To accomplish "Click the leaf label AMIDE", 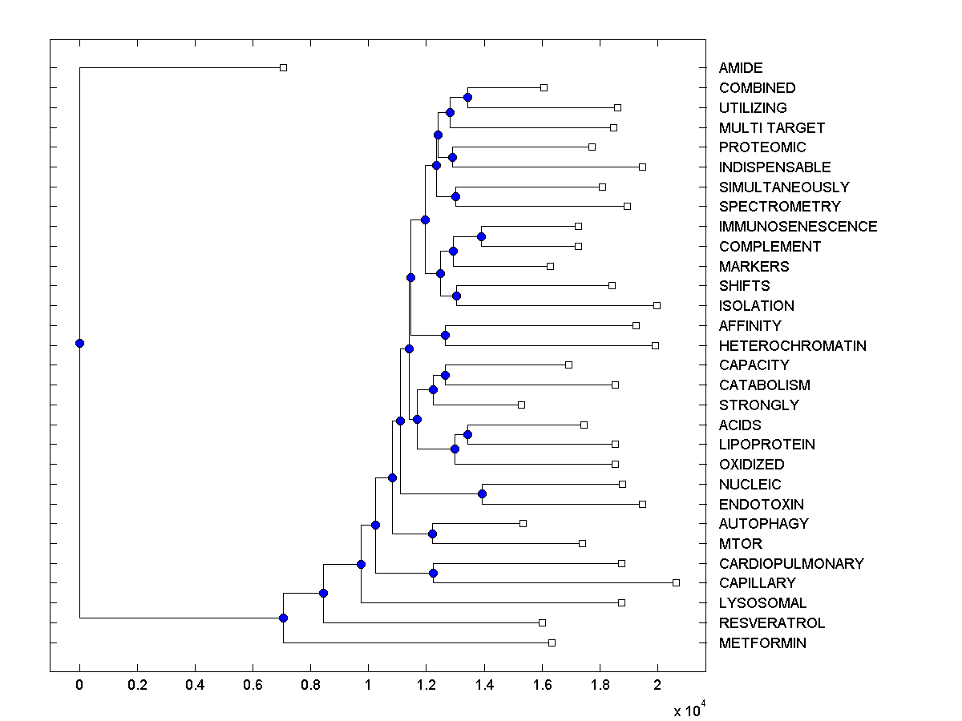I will [x=741, y=68].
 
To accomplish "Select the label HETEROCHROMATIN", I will [x=792, y=346].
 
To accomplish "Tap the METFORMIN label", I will [x=762, y=643].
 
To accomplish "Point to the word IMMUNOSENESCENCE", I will [x=798, y=227].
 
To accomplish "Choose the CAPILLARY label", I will [x=757, y=583].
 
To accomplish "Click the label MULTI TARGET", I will [x=771, y=128].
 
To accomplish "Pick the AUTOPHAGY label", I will [x=763, y=524].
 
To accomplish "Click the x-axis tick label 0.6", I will [x=253, y=686].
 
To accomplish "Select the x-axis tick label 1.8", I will [x=600, y=686].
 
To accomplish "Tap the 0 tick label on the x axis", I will [x=79, y=686].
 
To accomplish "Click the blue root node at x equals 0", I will [x=79, y=343].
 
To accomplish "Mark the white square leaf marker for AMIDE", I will [x=283, y=68].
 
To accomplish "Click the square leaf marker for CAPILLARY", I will [x=676, y=582].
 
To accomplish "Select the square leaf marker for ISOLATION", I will [x=657, y=305].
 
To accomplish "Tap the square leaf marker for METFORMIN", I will [x=552, y=642].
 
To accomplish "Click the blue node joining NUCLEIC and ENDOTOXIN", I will [x=482, y=493].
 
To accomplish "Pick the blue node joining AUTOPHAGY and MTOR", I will [x=432, y=534].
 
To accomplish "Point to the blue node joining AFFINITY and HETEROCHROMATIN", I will [x=445, y=335].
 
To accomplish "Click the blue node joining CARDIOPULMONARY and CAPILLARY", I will [x=433, y=573].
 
